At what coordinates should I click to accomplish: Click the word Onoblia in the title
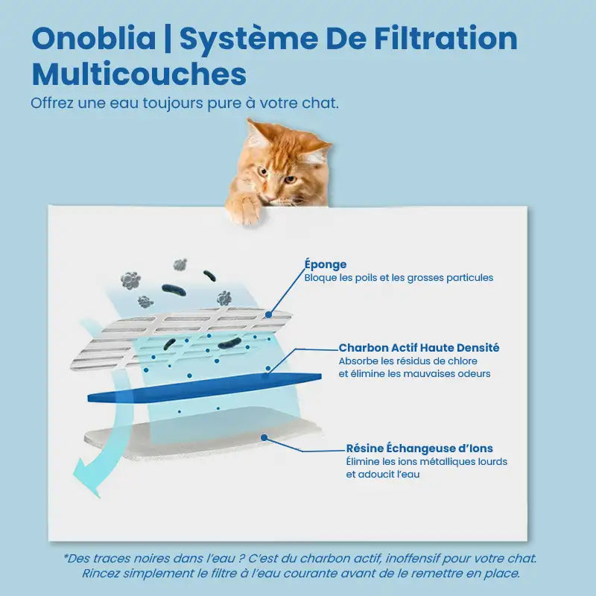(x=94, y=38)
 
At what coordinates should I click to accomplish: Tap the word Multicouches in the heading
(x=139, y=74)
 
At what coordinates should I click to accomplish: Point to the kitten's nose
(x=270, y=197)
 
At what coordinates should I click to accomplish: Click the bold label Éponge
(x=326, y=264)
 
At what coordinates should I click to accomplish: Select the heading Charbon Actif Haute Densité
(x=419, y=347)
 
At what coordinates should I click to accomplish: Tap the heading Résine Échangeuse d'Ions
(x=419, y=448)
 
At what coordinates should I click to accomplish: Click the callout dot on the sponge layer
(x=268, y=314)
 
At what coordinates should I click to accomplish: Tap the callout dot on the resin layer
(x=264, y=438)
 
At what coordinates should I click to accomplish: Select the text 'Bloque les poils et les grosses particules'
(x=399, y=277)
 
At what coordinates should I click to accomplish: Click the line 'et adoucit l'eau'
(x=383, y=475)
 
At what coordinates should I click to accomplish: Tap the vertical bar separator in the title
(x=168, y=39)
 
